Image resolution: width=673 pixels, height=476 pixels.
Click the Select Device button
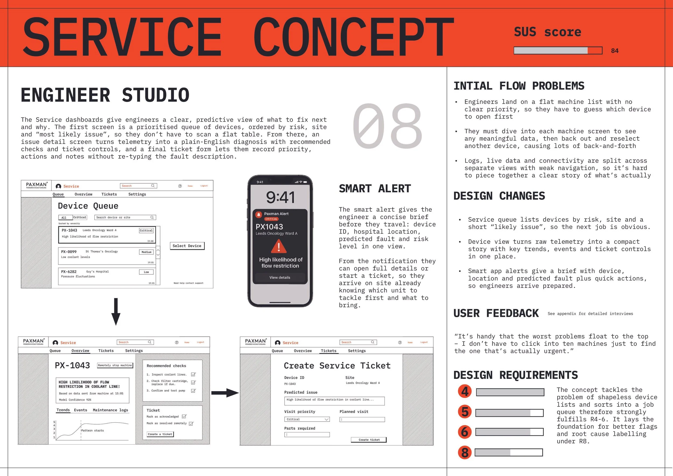[187, 246]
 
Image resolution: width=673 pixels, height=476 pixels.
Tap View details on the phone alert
[280, 278]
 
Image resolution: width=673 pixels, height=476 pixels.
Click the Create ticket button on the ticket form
[369, 440]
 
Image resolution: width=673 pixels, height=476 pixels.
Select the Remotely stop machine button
[115, 365]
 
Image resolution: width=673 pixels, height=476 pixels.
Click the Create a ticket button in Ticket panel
[160, 434]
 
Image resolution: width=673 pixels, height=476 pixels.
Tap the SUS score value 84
[615, 51]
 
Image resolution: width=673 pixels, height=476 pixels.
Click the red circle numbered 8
[465, 452]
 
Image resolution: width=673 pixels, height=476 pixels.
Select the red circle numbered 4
[465, 391]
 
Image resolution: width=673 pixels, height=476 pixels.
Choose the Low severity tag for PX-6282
[146, 272]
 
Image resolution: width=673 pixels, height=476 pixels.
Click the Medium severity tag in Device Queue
[146, 252]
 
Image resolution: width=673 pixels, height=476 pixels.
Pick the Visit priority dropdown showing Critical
[307, 419]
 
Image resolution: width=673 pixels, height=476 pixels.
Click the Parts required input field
[307, 435]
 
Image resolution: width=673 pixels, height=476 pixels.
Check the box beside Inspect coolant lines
[193, 374]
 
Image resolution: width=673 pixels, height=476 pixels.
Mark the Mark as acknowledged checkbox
[184, 416]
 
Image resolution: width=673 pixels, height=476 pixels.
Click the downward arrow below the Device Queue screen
[116, 311]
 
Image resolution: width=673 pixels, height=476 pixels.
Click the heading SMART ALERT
[375, 189]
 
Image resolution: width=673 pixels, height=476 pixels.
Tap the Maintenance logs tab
[110, 410]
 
